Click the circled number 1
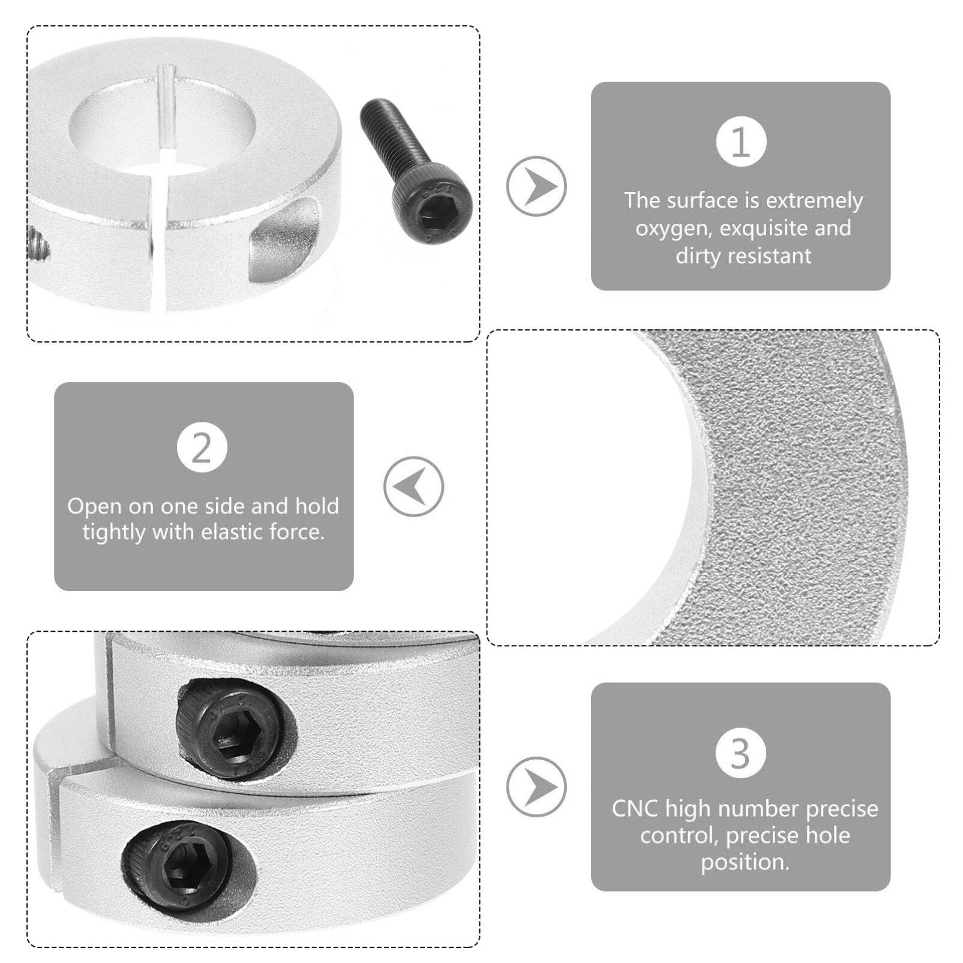pyautogui.click(x=741, y=142)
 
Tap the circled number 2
pyautogui.click(x=202, y=448)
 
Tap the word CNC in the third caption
pyautogui.click(x=634, y=809)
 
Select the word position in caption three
pyautogui.click(x=744, y=862)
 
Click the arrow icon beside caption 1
pyautogui.click(x=536, y=186)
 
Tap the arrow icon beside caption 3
pyautogui.click(x=536, y=787)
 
